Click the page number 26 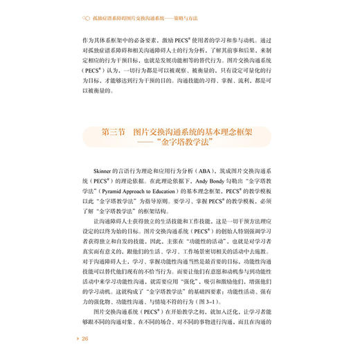pyautogui.click(x=85, y=339)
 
